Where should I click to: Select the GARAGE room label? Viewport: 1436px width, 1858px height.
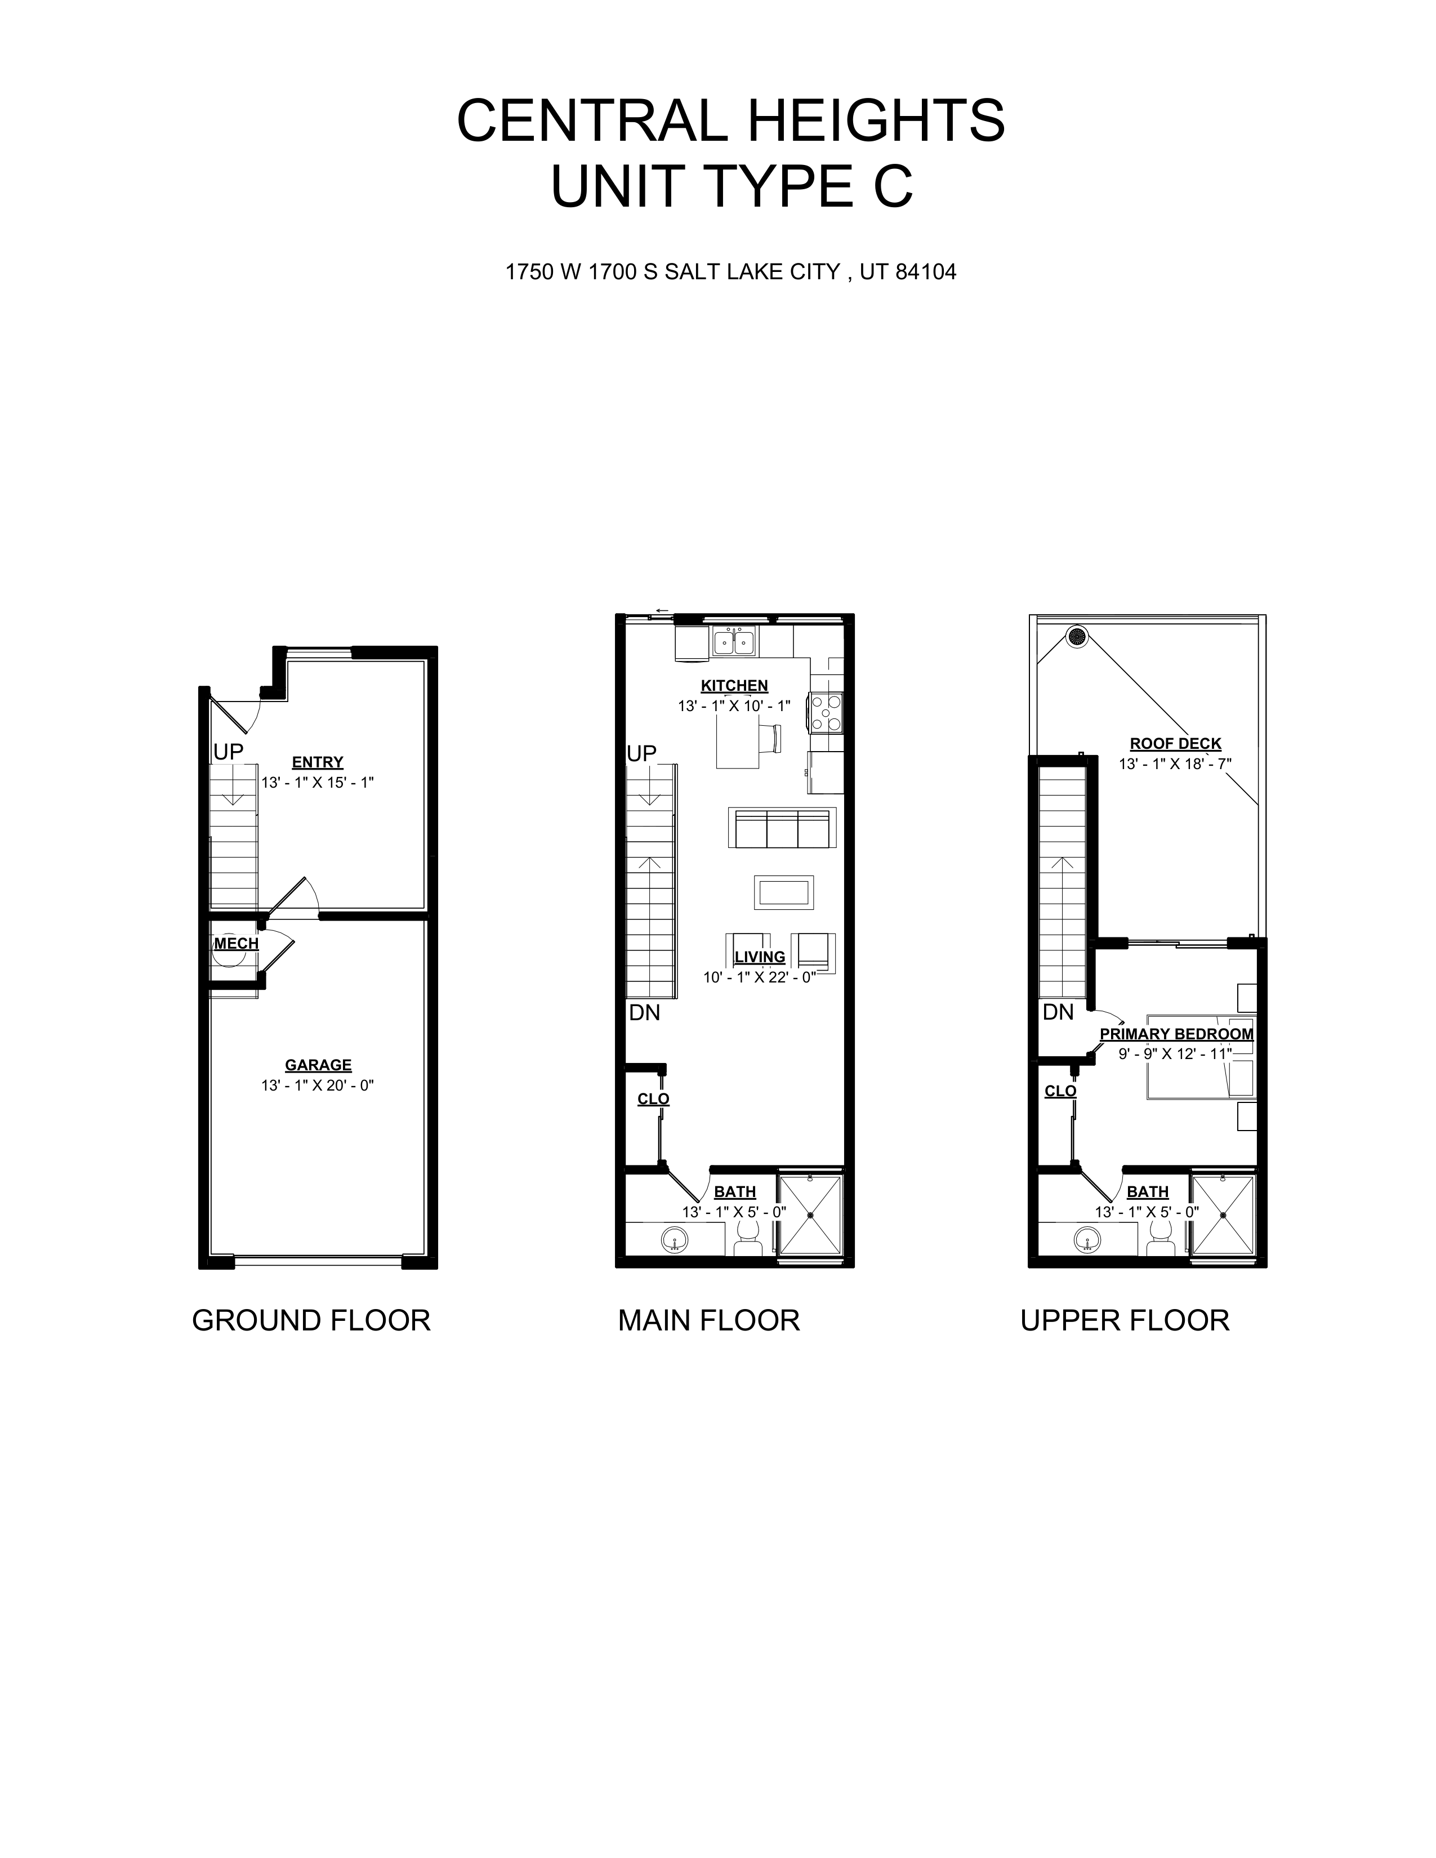pyautogui.click(x=318, y=1065)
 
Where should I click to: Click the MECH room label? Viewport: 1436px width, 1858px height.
pyautogui.click(x=235, y=944)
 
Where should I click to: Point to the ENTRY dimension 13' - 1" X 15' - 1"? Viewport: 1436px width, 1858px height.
pyautogui.click(x=317, y=783)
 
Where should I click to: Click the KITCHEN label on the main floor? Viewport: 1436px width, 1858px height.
pyautogui.click(x=734, y=686)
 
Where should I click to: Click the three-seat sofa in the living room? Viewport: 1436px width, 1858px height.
pyautogui.click(x=782, y=828)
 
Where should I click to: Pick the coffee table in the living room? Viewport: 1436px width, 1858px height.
pyautogui.click(x=783, y=892)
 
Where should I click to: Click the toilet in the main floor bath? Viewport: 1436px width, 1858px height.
pyautogui.click(x=748, y=1237)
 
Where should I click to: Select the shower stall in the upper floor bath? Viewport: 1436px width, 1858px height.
pyautogui.click(x=1223, y=1216)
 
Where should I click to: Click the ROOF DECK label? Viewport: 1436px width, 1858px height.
pyautogui.click(x=1175, y=744)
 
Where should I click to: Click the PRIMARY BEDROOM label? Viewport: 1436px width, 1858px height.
pyautogui.click(x=1176, y=1034)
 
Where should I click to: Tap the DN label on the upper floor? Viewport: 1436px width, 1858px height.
pyautogui.click(x=1058, y=1012)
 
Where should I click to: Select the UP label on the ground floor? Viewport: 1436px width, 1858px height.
pyautogui.click(x=228, y=752)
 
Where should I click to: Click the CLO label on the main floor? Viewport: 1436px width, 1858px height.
pyautogui.click(x=653, y=1099)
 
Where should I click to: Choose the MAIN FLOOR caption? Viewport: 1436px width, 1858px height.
pyautogui.click(x=708, y=1320)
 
